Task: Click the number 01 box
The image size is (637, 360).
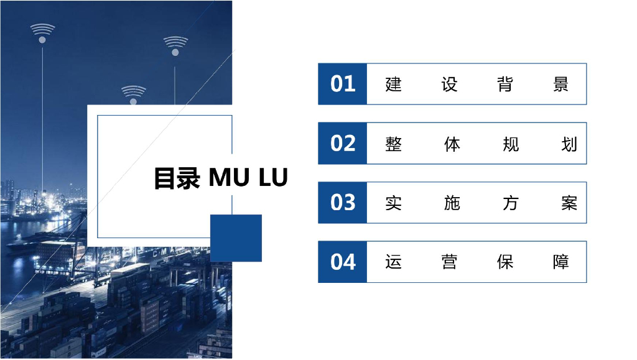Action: pyautogui.click(x=342, y=84)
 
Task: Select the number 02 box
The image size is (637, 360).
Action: pyautogui.click(x=342, y=144)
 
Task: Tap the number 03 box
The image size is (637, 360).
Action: pyautogui.click(x=342, y=203)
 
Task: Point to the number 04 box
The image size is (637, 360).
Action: pyautogui.click(x=342, y=262)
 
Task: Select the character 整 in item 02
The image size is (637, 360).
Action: pyautogui.click(x=394, y=144)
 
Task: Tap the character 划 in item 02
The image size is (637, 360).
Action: pyautogui.click(x=569, y=144)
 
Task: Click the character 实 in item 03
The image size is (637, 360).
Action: pyautogui.click(x=394, y=203)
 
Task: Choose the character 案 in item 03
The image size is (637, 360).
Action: pyautogui.click(x=569, y=203)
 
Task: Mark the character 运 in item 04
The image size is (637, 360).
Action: pyautogui.click(x=394, y=262)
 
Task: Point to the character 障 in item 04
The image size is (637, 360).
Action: pyautogui.click(x=560, y=262)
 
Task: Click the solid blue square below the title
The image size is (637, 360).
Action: pyautogui.click(x=236, y=238)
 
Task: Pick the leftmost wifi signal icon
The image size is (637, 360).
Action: pyautogui.click(x=42, y=32)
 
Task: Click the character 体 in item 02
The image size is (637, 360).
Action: pyautogui.click(x=452, y=144)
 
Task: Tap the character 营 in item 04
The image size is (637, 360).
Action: pyautogui.click(x=449, y=262)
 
